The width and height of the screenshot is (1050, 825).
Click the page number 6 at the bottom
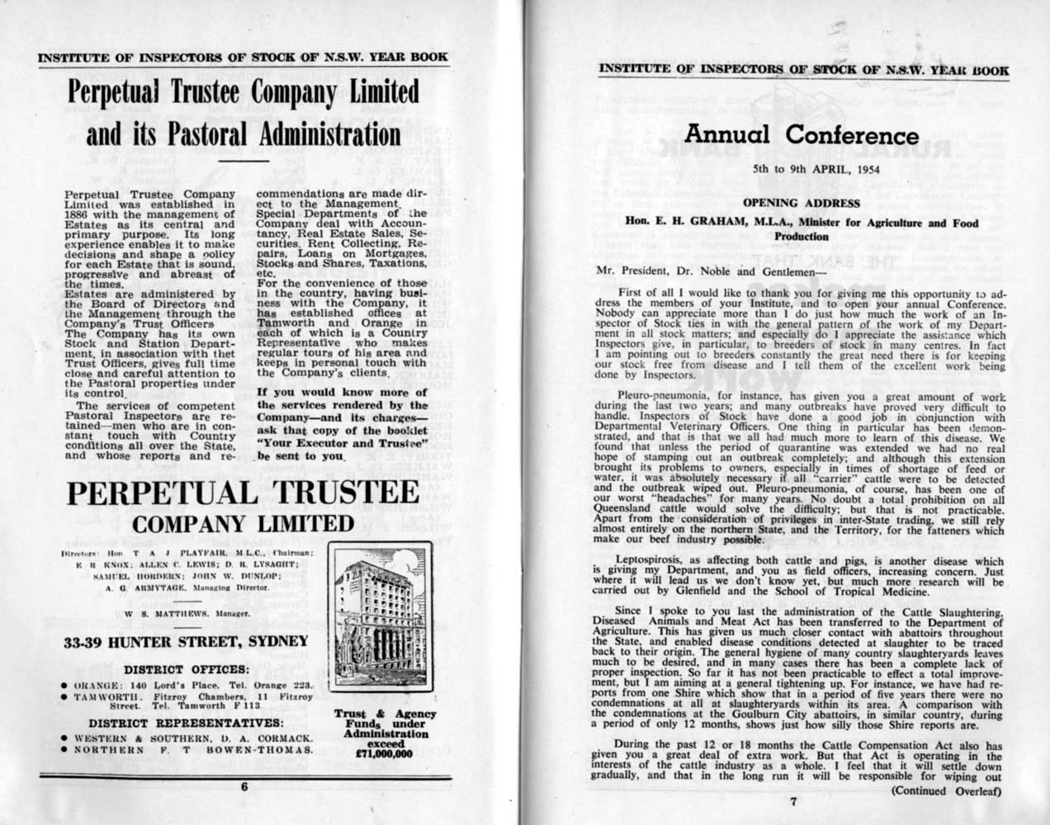pyautogui.click(x=244, y=787)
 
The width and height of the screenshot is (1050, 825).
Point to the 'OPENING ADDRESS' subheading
pyautogui.click(x=802, y=203)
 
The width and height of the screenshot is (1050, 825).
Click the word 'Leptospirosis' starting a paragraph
pyautogui.click(x=659, y=561)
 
